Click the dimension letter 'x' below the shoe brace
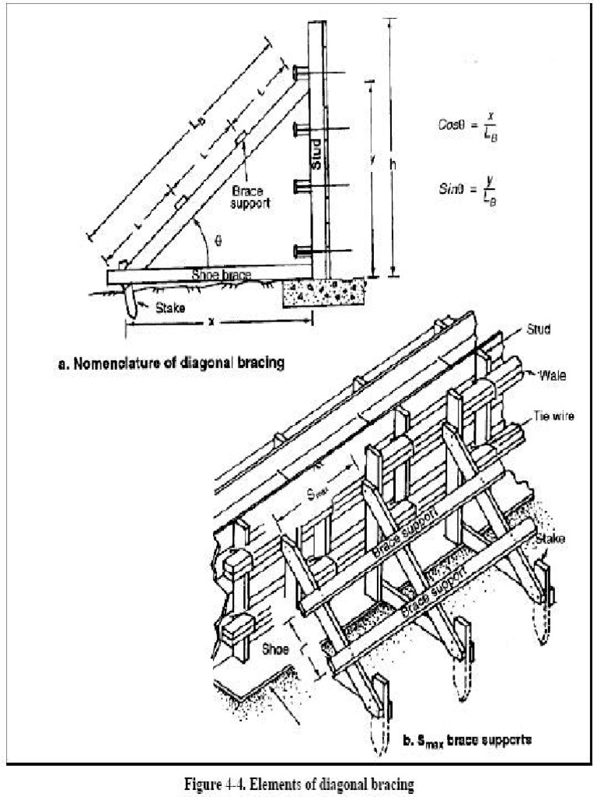tap(211, 321)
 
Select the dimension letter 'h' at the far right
tap(394, 164)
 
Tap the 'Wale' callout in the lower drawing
tap(553, 376)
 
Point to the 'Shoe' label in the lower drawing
tap(275, 648)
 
